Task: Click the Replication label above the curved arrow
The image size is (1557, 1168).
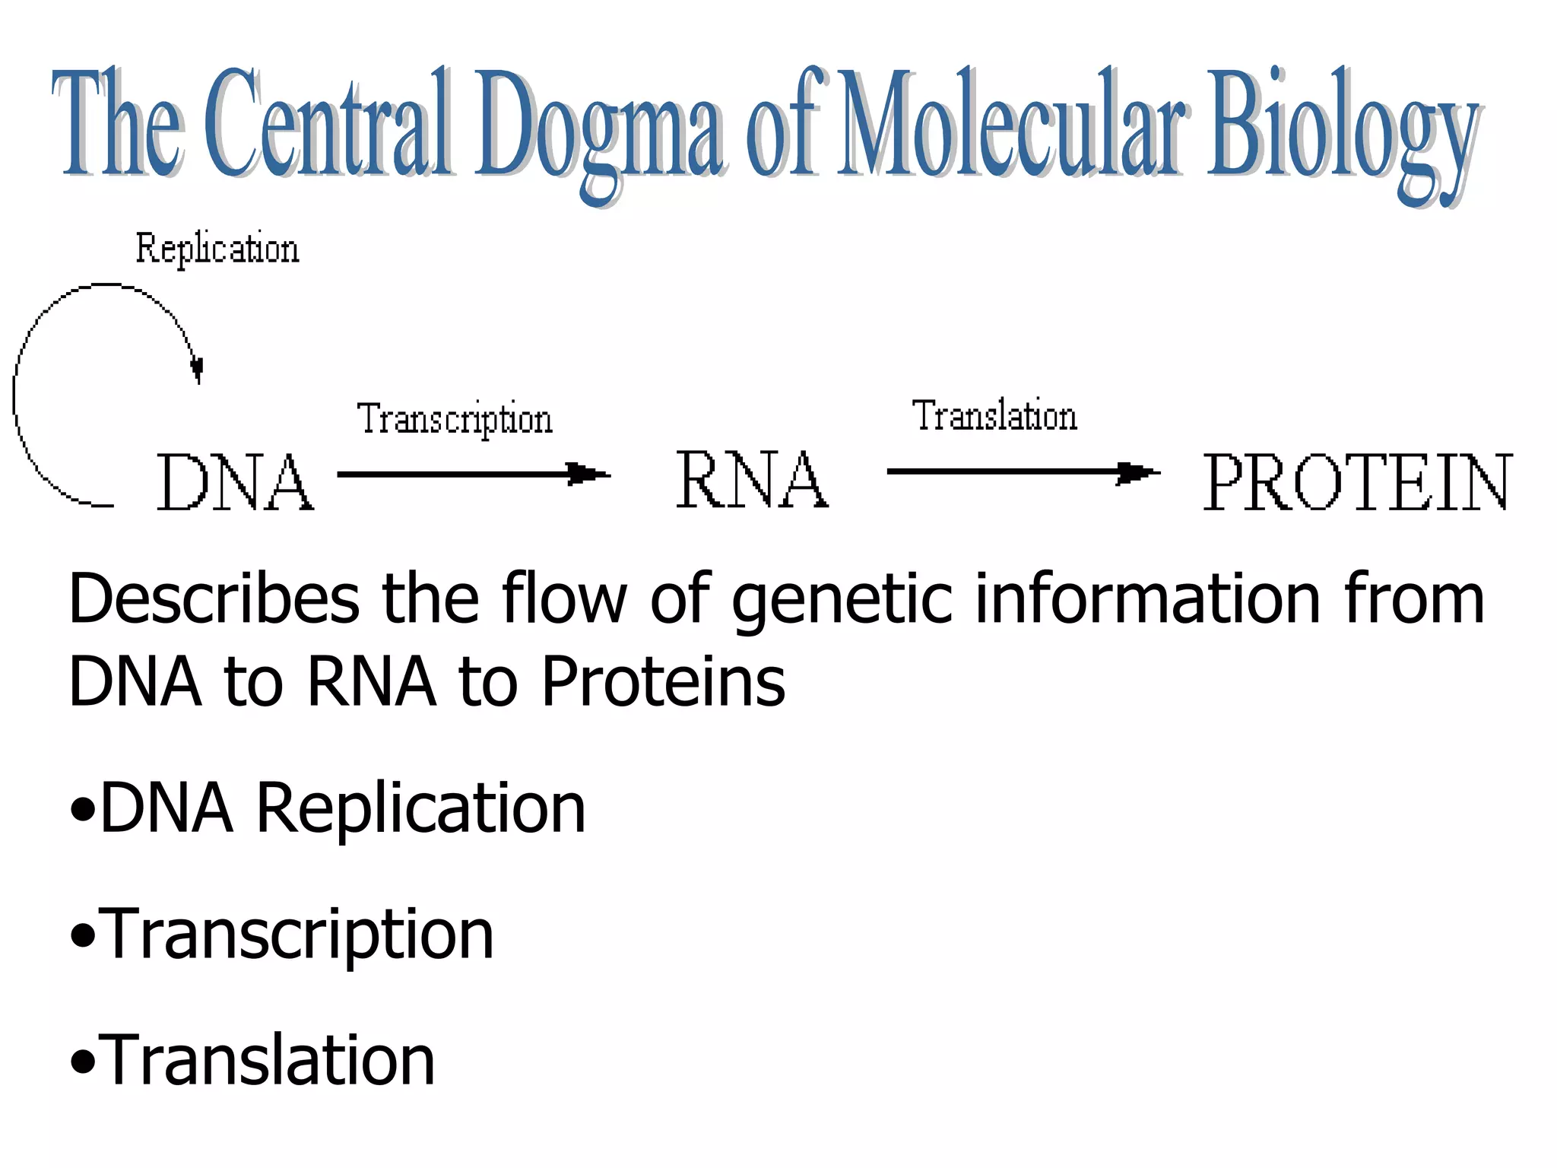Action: pos(217,249)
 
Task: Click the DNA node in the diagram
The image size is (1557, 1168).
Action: pos(235,482)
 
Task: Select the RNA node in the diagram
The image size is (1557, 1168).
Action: pos(752,479)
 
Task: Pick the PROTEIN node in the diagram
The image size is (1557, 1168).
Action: pos(1358,482)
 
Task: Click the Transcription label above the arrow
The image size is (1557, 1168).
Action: pos(455,419)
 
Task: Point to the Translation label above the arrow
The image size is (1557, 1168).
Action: pos(994,416)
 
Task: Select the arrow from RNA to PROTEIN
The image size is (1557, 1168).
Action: pos(1023,472)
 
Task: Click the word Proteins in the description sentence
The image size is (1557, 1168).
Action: pos(663,681)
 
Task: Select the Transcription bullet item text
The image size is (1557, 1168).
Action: pos(296,935)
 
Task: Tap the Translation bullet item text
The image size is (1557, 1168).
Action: pos(267,1060)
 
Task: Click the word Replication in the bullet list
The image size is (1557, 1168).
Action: pos(420,808)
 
